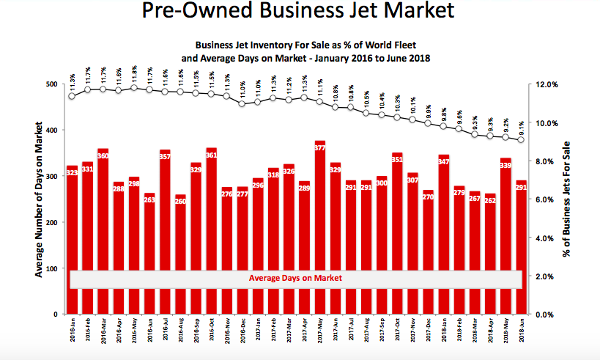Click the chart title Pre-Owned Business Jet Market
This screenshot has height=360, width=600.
[300, 13]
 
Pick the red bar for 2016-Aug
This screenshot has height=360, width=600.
[181, 254]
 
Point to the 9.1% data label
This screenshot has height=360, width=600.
[522, 125]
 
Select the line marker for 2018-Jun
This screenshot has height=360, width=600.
[522, 140]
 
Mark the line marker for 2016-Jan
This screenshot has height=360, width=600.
[72, 96]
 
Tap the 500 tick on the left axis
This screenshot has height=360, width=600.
[53, 85]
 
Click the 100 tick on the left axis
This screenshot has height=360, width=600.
[53, 269]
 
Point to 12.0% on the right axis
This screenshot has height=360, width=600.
[548, 85]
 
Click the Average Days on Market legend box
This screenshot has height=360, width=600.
[295, 279]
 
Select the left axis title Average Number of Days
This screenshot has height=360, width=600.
[37, 199]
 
